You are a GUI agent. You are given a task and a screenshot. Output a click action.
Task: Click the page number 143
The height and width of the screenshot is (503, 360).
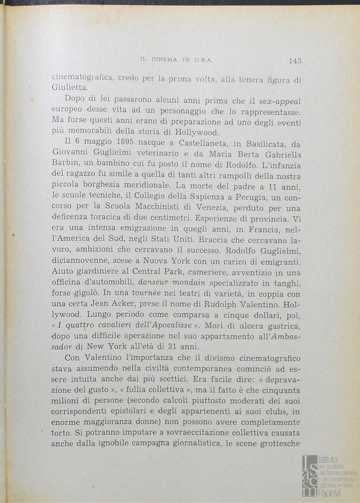295,60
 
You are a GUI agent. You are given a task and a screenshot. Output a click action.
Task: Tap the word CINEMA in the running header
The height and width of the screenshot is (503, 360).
163,60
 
